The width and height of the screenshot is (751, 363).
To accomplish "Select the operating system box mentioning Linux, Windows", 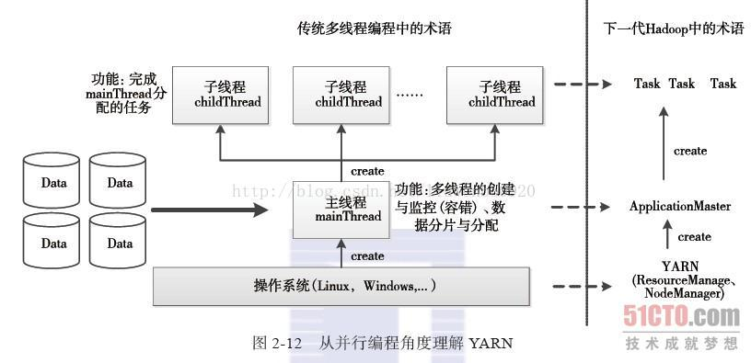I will tap(341, 286).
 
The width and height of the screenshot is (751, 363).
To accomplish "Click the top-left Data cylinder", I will tap(54, 183).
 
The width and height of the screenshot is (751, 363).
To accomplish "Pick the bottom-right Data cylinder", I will tap(119, 244).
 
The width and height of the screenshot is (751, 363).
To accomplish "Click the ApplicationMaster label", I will tap(680, 207).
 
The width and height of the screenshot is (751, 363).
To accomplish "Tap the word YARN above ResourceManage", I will tap(679, 267).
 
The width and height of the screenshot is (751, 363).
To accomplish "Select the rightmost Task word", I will tap(722, 84).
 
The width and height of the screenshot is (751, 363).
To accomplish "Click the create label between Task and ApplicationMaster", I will tap(690, 151).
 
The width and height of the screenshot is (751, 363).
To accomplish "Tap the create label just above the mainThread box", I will tap(367, 171).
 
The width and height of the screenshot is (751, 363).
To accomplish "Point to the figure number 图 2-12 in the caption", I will tap(277, 343).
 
